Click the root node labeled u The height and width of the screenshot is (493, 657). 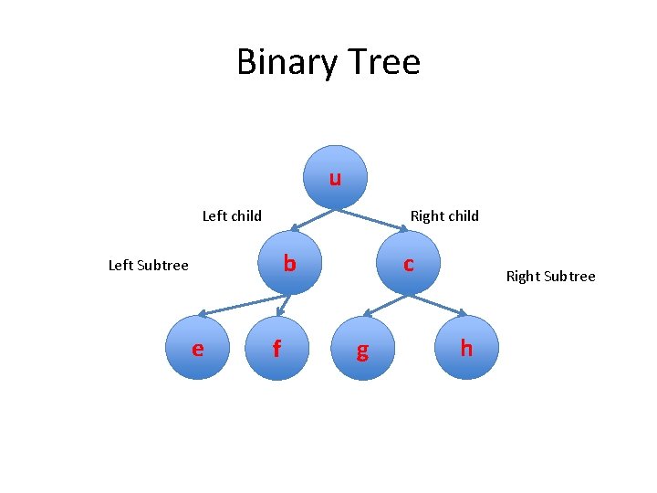point(336,177)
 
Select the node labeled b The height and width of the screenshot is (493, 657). point(289,263)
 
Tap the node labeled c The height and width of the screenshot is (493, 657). point(409,263)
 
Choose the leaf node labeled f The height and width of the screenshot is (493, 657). point(276,348)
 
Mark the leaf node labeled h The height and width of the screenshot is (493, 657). point(466,347)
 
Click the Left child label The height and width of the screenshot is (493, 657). point(232,216)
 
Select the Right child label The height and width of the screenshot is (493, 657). point(444,216)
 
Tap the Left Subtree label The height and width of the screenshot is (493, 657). point(148,266)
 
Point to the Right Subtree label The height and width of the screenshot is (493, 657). point(550,276)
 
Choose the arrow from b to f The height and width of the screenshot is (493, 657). point(283,305)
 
